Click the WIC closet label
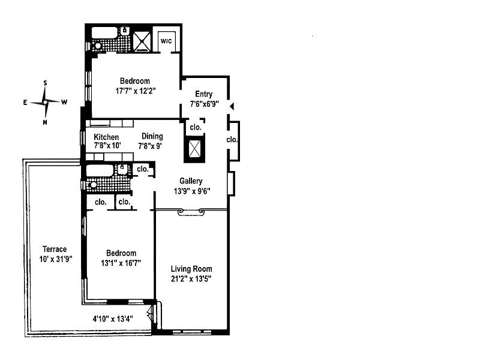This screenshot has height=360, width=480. point(166,41)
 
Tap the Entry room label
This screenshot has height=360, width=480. point(203,94)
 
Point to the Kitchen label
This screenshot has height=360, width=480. point(106,137)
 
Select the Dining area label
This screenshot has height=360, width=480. point(152,136)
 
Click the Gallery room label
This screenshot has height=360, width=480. point(191,181)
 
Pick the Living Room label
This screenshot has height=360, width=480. point(191,269)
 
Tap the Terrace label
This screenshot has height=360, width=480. point(54,250)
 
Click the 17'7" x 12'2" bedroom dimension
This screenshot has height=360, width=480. point(134,92)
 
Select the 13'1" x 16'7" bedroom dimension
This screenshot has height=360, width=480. point(121,263)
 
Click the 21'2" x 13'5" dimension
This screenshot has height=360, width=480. point(191,278)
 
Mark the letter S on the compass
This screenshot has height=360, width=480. point(46,83)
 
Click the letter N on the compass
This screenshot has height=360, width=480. point(46,122)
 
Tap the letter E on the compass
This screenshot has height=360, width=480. point(25,103)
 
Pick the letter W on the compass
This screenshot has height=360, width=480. point(64,102)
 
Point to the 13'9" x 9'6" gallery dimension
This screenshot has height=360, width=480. point(191,191)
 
